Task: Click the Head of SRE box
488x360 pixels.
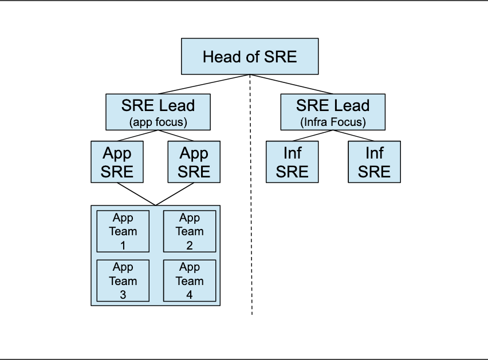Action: [250, 56]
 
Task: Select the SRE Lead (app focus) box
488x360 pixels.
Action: [158, 112]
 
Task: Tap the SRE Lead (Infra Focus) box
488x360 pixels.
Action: [333, 112]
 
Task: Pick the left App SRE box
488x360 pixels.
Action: [117, 162]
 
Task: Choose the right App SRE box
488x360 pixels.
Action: [194, 162]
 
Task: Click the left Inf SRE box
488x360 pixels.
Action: [292, 162]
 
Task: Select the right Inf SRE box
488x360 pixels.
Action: [375, 162]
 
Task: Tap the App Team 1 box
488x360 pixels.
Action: [123, 231]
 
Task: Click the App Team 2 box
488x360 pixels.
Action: [190, 231]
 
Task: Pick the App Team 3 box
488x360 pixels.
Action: [123, 280]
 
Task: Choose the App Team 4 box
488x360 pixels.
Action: [190, 280]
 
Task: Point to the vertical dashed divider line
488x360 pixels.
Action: [251, 195]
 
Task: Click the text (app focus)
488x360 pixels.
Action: [158, 122]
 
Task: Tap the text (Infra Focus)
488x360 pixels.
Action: [333, 122]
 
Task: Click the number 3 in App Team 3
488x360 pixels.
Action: [123, 295]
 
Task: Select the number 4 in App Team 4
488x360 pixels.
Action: [190, 295]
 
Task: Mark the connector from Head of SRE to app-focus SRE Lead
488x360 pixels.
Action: [204, 84]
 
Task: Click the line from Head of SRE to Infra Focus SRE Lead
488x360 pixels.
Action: [292, 84]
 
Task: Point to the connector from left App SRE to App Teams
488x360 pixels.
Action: [136, 194]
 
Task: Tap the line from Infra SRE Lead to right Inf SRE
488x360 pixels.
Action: [353, 136]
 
